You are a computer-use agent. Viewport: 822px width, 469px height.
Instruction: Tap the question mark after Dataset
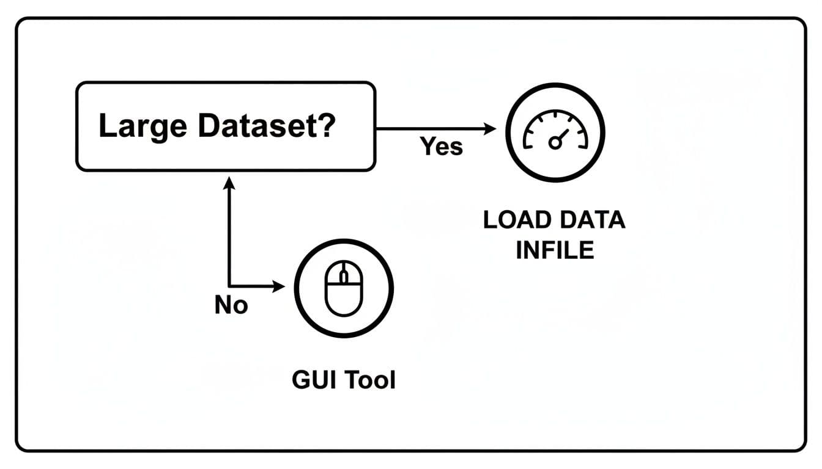[x=325, y=126]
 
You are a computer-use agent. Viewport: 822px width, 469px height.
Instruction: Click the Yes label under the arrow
[x=441, y=147]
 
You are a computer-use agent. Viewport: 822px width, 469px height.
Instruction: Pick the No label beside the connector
[x=231, y=305]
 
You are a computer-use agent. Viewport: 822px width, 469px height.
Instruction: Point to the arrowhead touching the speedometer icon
[x=489, y=129]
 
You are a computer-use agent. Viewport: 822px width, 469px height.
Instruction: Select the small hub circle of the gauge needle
[x=554, y=143]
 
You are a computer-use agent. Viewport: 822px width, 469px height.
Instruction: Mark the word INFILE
[x=555, y=250]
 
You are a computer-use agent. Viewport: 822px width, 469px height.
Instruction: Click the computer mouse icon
[x=344, y=287]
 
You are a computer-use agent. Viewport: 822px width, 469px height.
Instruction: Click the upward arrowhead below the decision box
[x=229, y=181]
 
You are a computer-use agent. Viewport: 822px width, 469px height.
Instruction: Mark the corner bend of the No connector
[x=229, y=286]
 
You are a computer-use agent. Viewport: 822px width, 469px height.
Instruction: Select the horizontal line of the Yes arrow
[x=428, y=129]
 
